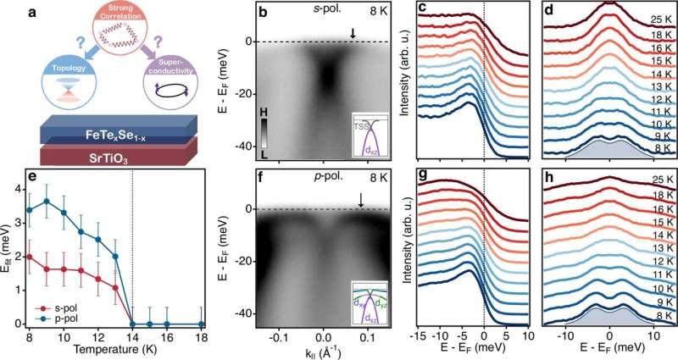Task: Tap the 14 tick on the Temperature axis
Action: coord(134,336)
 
